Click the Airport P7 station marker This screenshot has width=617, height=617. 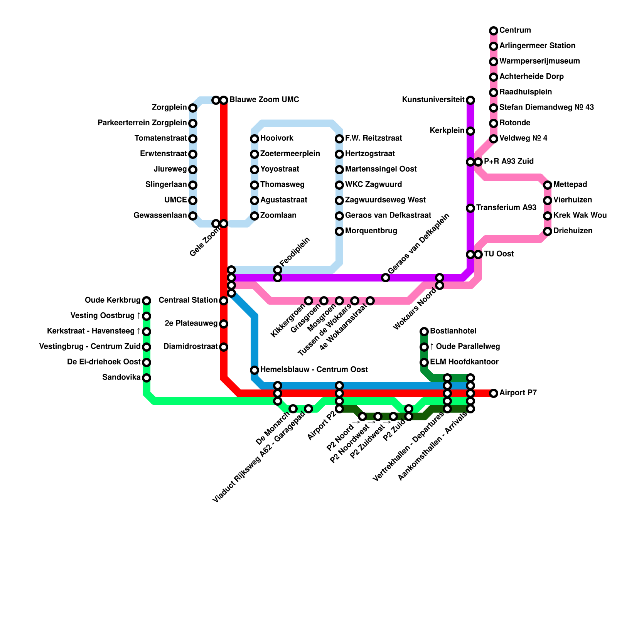point(494,393)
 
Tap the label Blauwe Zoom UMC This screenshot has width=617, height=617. point(264,100)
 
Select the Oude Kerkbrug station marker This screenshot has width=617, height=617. point(147,301)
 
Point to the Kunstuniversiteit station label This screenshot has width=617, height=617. point(433,100)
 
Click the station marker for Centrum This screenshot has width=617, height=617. point(494,31)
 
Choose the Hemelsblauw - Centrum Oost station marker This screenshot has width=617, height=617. point(255,370)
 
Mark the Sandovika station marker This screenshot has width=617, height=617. point(147,378)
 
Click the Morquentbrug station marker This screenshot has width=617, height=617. point(339,231)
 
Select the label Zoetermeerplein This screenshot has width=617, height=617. point(290,154)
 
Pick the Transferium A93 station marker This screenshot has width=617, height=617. point(470,208)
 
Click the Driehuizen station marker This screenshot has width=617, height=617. point(548,231)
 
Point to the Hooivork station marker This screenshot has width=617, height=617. point(255,139)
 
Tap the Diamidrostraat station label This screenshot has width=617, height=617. point(190,347)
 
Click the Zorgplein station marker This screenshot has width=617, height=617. point(193,108)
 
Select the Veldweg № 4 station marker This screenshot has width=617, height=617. point(494,139)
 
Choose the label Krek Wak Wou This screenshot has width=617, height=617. point(580,216)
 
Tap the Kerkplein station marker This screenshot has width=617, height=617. point(470,131)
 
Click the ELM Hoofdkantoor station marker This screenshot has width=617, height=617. point(424,362)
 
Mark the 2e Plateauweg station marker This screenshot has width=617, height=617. point(224,324)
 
